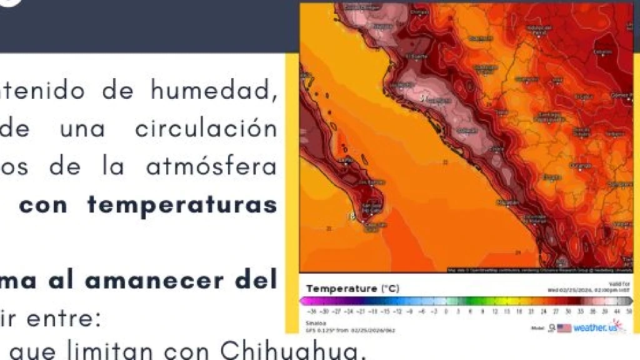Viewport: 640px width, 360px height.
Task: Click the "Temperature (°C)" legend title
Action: [352, 289]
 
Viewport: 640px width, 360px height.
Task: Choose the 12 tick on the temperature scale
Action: [494, 310]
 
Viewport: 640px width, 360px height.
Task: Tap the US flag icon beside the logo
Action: [564, 327]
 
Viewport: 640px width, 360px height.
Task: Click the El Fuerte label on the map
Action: [415, 56]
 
